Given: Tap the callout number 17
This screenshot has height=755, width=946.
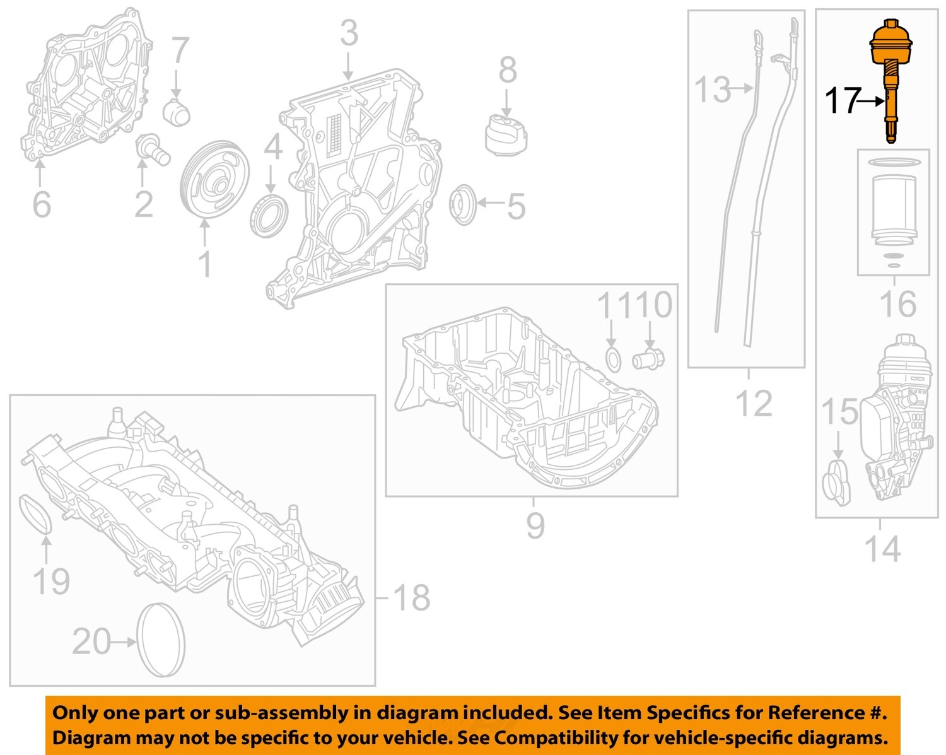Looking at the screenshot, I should [x=843, y=101].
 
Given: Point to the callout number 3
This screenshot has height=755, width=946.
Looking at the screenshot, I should [x=349, y=33].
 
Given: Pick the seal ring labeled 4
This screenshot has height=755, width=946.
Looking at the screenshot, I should [x=269, y=216].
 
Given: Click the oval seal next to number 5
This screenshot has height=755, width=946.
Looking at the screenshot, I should [x=464, y=205].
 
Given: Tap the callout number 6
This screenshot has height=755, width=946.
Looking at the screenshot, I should [x=41, y=204].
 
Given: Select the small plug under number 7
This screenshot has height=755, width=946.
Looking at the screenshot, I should [x=177, y=112].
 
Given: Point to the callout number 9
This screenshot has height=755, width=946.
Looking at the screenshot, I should [x=535, y=525].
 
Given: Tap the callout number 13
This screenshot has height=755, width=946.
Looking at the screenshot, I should [x=713, y=90].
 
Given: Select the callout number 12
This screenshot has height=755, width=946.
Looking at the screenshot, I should [x=753, y=404].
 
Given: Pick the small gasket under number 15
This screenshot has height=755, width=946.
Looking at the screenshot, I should [x=836, y=483].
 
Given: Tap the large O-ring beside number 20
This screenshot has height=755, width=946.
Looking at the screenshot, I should [x=161, y=640].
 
